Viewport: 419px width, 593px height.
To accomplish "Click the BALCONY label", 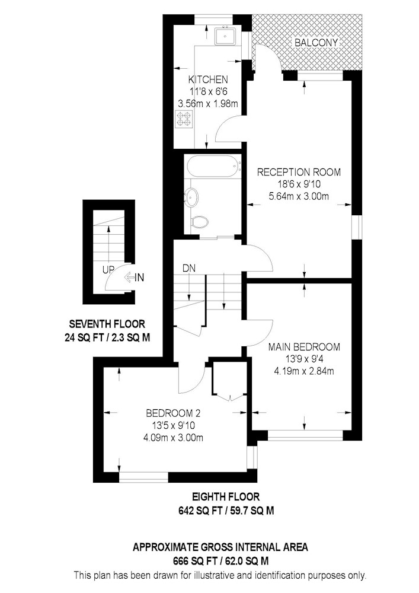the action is point(316,43).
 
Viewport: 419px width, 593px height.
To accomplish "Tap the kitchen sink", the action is point(225,36).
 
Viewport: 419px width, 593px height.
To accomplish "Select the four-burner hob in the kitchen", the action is point(184,118).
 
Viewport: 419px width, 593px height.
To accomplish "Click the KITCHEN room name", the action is point(208,79).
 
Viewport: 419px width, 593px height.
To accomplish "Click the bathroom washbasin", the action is point(193,197).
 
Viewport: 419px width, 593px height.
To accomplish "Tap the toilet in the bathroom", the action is point(199,222).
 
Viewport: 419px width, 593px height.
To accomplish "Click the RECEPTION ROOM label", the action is point(299,172).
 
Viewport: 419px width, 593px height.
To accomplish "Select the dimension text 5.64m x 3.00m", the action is point(299,196).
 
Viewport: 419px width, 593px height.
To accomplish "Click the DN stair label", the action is point(189,268).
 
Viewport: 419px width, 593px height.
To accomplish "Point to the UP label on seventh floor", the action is point(108,270).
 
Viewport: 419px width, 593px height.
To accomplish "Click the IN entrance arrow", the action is point(134,278).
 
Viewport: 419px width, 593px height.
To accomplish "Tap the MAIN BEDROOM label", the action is point(304,346).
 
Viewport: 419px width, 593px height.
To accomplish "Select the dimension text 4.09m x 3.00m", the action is point(174,438).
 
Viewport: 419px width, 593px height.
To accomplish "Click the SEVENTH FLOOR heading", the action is point(107,324).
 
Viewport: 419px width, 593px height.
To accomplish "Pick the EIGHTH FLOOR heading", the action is point(226,496).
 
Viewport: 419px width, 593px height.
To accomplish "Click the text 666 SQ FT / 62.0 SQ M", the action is point(220,560).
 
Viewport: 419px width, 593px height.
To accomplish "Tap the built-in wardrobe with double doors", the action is point(230,380).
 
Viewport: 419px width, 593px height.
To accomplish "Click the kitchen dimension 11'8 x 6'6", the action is point(208,91).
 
